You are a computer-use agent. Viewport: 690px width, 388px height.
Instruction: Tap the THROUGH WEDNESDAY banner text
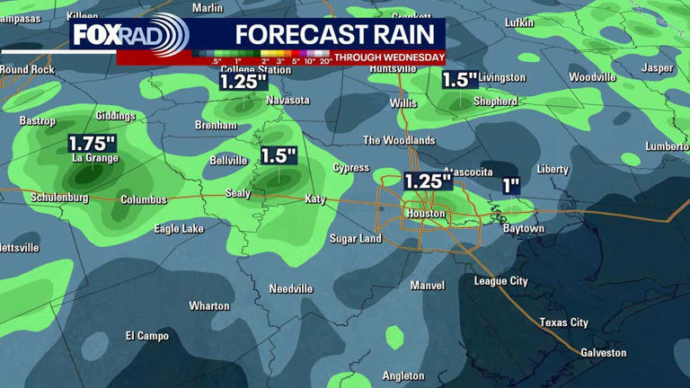point(389,57)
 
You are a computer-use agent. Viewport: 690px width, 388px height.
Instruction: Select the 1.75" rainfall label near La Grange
point(93,143)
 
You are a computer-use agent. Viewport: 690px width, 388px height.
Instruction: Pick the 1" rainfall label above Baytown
point(511,186)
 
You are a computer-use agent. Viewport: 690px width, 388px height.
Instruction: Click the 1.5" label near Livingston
point(459,79)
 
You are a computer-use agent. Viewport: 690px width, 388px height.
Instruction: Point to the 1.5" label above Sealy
point(279,155)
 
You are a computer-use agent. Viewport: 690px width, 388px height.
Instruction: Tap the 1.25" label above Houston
point(427,181)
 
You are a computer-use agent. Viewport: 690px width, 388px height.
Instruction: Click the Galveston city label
point(604,353)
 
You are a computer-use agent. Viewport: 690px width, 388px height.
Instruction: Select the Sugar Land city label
point(356,239)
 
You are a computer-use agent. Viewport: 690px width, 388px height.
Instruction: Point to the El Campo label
point(146,336)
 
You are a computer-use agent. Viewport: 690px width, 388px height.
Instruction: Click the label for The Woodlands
point(399,140)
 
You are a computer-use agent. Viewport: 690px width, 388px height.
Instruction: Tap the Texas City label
point(563,322)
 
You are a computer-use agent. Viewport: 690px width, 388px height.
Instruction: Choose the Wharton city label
point(209,306)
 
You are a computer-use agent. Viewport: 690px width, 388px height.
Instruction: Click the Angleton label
point(402,375)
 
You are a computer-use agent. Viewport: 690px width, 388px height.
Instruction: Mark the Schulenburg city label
point(59,198)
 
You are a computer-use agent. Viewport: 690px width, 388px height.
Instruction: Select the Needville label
point(291,288)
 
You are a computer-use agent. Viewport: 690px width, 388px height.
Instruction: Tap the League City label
point(500,281)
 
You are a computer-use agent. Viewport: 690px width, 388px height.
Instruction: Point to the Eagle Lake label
point(179,229)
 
